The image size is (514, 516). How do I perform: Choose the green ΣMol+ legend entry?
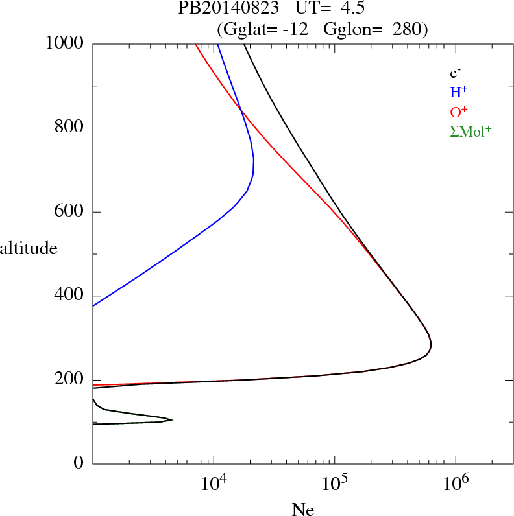click(x=471, y=132)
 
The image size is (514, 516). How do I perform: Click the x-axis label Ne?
click(x=302, y=510)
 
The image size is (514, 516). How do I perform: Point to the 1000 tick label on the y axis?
click(x=65, y=43)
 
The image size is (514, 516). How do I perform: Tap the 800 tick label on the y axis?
click(x=70, y=128)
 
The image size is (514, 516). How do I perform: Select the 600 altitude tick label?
click(x=70, y=212)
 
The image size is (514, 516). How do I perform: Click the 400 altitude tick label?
click(x=70, y=296)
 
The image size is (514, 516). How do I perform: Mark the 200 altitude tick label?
click(x=70, y=380)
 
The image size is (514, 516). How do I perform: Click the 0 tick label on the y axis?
click(x=79, y=463)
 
